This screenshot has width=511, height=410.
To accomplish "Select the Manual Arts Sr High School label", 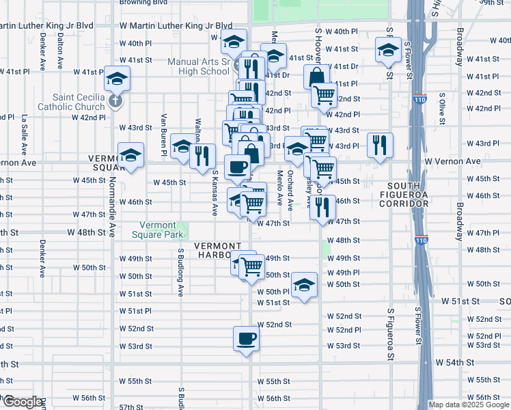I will coord(198,66).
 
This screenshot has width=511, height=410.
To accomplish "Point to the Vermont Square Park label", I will coord(162,230).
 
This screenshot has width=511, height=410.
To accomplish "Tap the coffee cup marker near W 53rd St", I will coord(246,338).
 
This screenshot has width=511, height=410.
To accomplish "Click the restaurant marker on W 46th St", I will coord(322,206).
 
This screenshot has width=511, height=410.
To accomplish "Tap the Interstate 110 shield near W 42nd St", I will coord(419,100).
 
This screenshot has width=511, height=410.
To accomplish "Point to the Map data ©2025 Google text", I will coord(469,405).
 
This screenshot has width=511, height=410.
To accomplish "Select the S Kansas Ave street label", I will coord(215,193).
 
